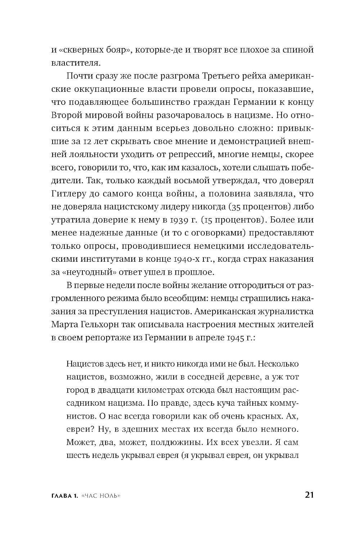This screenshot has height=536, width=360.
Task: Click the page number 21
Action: [309, 495]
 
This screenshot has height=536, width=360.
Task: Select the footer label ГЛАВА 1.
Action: [64, 496]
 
